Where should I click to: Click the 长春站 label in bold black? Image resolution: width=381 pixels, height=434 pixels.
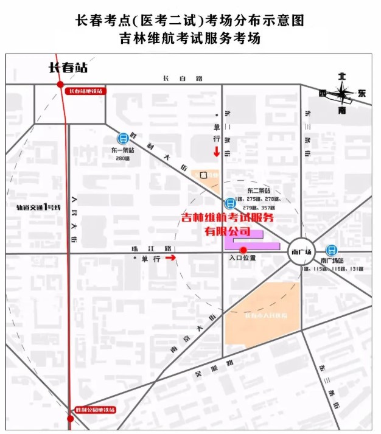tap(69, 68)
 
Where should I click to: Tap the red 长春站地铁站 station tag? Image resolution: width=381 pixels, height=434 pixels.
tap(85, 91)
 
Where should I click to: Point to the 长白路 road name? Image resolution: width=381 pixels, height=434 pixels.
tap(173, 79)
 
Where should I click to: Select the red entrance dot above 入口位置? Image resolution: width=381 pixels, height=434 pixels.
tap(243, 250)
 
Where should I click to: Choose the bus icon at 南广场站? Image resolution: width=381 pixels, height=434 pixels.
tap(332, 250)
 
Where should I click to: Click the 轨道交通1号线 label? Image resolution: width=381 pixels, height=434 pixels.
tap(39, 207)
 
